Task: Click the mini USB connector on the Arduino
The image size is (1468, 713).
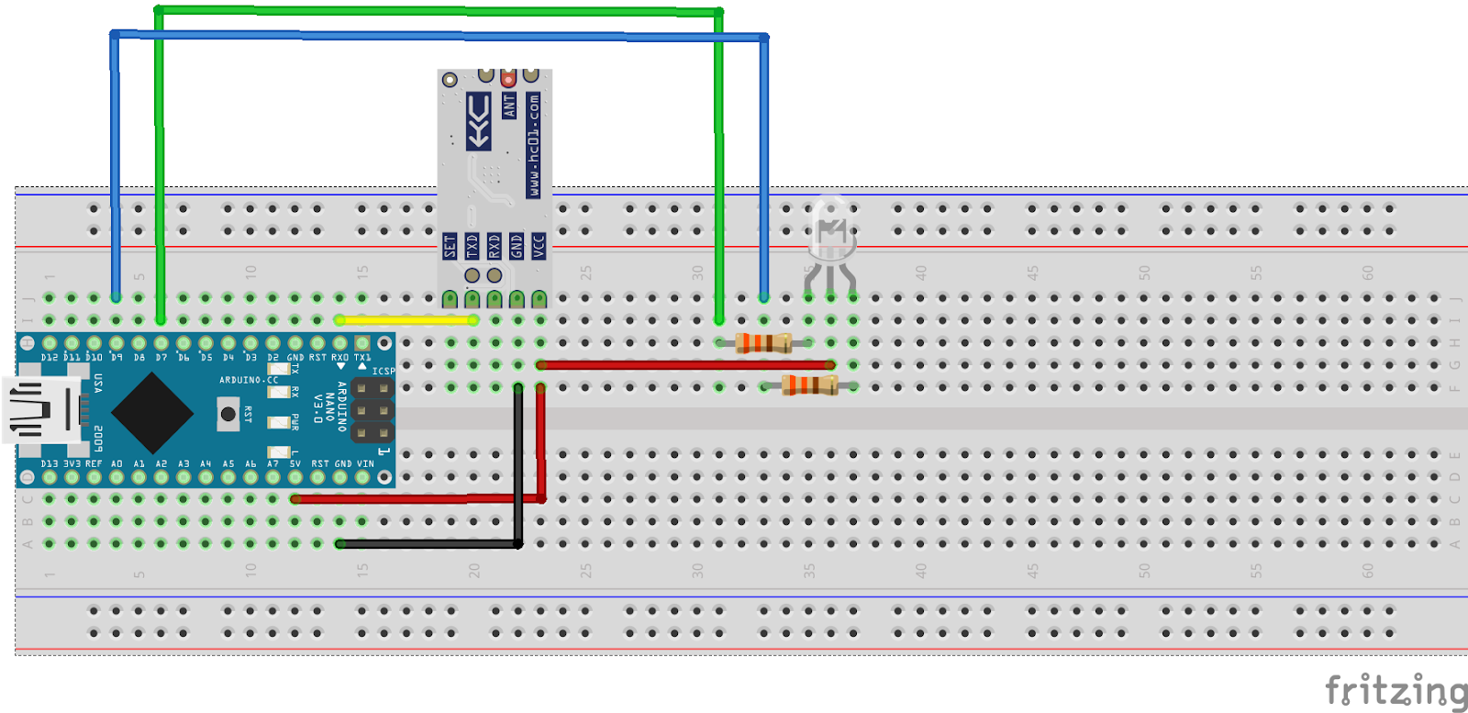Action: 41,410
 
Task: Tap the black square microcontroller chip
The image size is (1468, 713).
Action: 152,413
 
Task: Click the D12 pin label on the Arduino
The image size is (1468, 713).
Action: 50,358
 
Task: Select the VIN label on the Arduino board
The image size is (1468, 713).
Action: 365,464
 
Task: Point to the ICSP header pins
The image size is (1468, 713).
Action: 373,409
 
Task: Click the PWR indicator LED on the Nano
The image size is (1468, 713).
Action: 279,423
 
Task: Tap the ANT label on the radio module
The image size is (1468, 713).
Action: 509,106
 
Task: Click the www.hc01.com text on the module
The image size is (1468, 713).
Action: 533,145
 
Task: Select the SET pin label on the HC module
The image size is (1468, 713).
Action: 450,246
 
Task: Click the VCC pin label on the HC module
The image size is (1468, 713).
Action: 539,246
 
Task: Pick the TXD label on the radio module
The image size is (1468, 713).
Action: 472,246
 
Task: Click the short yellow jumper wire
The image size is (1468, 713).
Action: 406,320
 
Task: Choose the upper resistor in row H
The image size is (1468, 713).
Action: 763,343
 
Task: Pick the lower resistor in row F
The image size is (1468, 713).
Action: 809,385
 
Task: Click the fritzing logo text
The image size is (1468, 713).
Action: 1396,691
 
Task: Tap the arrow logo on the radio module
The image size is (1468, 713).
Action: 478,121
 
